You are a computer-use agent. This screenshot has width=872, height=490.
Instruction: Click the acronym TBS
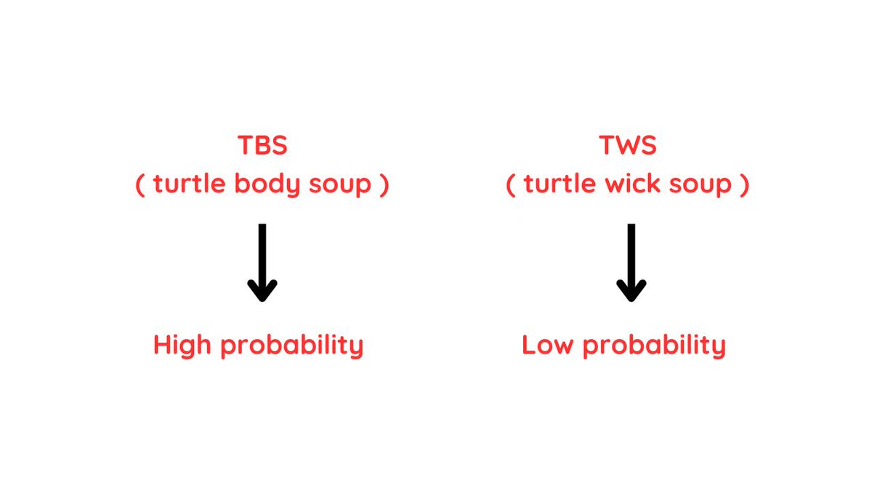coord(262,145)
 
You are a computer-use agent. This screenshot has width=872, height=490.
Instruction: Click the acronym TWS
coord(628,145)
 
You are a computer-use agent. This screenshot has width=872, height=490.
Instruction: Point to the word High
coord(183,346)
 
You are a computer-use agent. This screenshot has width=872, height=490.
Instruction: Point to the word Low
coord(549,346)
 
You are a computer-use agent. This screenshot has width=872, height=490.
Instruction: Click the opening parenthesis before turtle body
coord(140,185)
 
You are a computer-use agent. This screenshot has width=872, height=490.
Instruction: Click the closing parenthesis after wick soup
coord(744,185)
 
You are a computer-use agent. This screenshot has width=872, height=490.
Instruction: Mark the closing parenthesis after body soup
coord(384,185)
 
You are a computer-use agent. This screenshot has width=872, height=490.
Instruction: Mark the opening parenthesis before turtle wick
coord(510,185)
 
